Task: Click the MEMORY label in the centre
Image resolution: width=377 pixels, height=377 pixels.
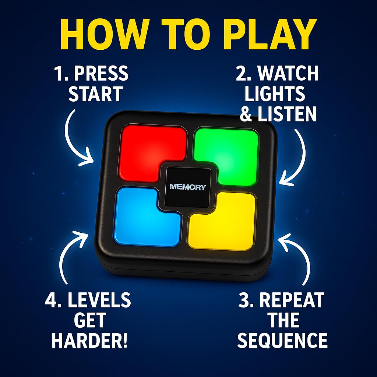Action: tap(188, 187)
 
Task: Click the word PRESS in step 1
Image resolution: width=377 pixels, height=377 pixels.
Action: tap(101, 73)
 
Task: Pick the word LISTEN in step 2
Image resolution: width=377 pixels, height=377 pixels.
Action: tap(286, 114)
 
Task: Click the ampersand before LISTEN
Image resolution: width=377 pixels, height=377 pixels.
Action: tap(246, 114)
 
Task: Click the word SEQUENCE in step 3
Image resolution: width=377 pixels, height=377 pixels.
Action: tap(282, 340)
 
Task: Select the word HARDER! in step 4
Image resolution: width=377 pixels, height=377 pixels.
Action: tap(89, 341)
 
